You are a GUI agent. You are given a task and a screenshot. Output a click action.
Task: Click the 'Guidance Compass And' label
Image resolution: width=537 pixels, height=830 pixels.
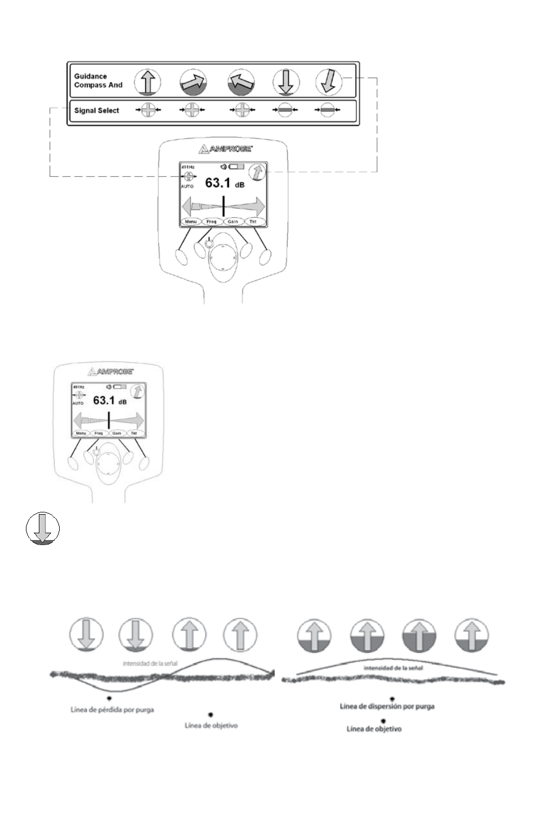(98, 81)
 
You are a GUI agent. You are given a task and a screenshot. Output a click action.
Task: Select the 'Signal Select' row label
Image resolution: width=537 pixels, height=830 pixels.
(96, 111)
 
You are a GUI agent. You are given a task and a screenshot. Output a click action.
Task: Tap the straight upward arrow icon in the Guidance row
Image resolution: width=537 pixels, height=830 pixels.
(147, 82)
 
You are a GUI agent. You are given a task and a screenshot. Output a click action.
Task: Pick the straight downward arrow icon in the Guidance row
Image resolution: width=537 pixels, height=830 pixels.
(286, 82)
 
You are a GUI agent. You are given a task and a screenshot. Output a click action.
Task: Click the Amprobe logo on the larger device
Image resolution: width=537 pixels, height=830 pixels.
(224, 149)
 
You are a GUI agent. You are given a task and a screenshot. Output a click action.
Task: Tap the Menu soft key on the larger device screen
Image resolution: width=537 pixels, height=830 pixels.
(191, 222)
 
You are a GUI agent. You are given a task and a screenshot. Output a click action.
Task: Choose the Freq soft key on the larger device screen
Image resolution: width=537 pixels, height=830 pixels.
(212, 222)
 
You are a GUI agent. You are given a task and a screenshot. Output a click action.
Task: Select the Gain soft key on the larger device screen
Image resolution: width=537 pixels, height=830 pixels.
(232, 222)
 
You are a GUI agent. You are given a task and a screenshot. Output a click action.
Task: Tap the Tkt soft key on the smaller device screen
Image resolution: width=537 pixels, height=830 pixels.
(134, 434)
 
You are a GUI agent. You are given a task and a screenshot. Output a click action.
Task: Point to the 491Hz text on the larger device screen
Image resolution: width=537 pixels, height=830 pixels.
(187, 167)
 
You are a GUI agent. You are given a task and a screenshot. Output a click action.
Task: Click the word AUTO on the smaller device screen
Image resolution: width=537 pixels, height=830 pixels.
(78, 404)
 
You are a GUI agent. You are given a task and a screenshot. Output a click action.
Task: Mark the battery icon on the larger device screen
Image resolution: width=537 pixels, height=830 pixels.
(236, 167)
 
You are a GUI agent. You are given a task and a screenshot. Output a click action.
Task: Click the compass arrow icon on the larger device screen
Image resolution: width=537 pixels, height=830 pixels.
(257, 172)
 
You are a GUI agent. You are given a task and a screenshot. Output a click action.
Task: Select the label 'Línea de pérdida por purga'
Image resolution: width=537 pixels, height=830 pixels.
(112, 709)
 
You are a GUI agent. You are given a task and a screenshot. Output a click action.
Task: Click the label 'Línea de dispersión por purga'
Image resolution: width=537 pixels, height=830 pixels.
(387, 706)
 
